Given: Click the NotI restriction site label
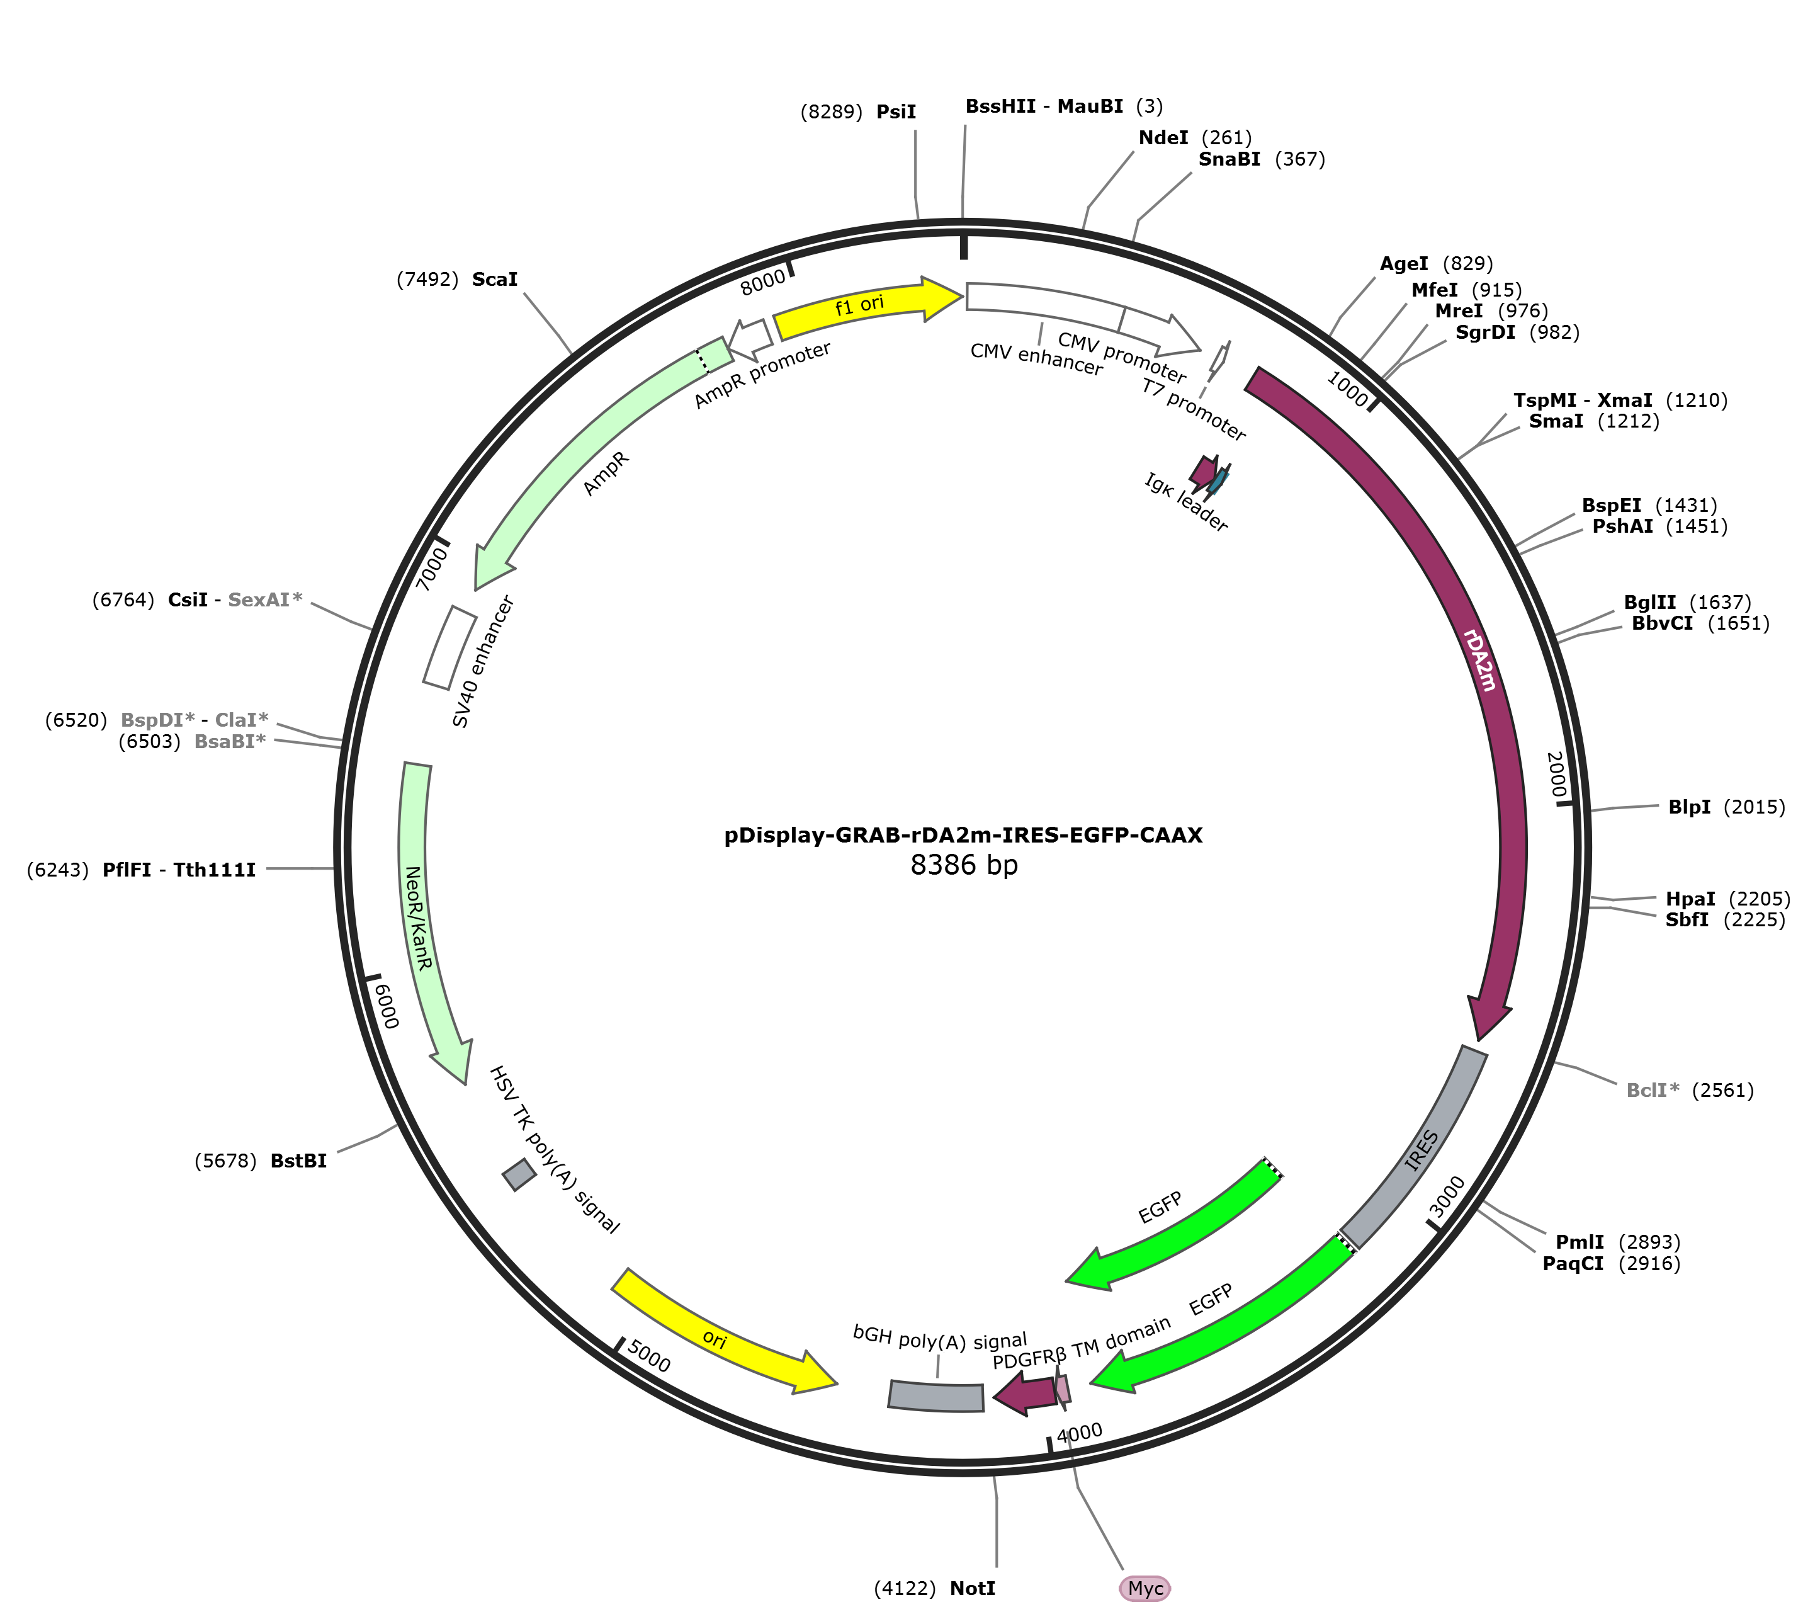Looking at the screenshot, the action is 973,1588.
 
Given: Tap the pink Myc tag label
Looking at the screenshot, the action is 1145,1588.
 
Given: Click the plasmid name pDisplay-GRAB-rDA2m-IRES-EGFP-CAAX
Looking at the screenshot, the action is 964,835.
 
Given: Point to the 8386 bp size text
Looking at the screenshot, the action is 964,865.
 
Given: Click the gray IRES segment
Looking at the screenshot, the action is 1414,1147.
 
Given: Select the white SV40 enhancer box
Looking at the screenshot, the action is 449,648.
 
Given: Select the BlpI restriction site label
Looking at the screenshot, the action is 1690,807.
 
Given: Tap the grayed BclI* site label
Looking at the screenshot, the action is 1653,1089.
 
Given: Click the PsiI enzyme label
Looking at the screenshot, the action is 896,111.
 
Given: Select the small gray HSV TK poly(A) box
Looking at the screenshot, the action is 519,1175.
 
